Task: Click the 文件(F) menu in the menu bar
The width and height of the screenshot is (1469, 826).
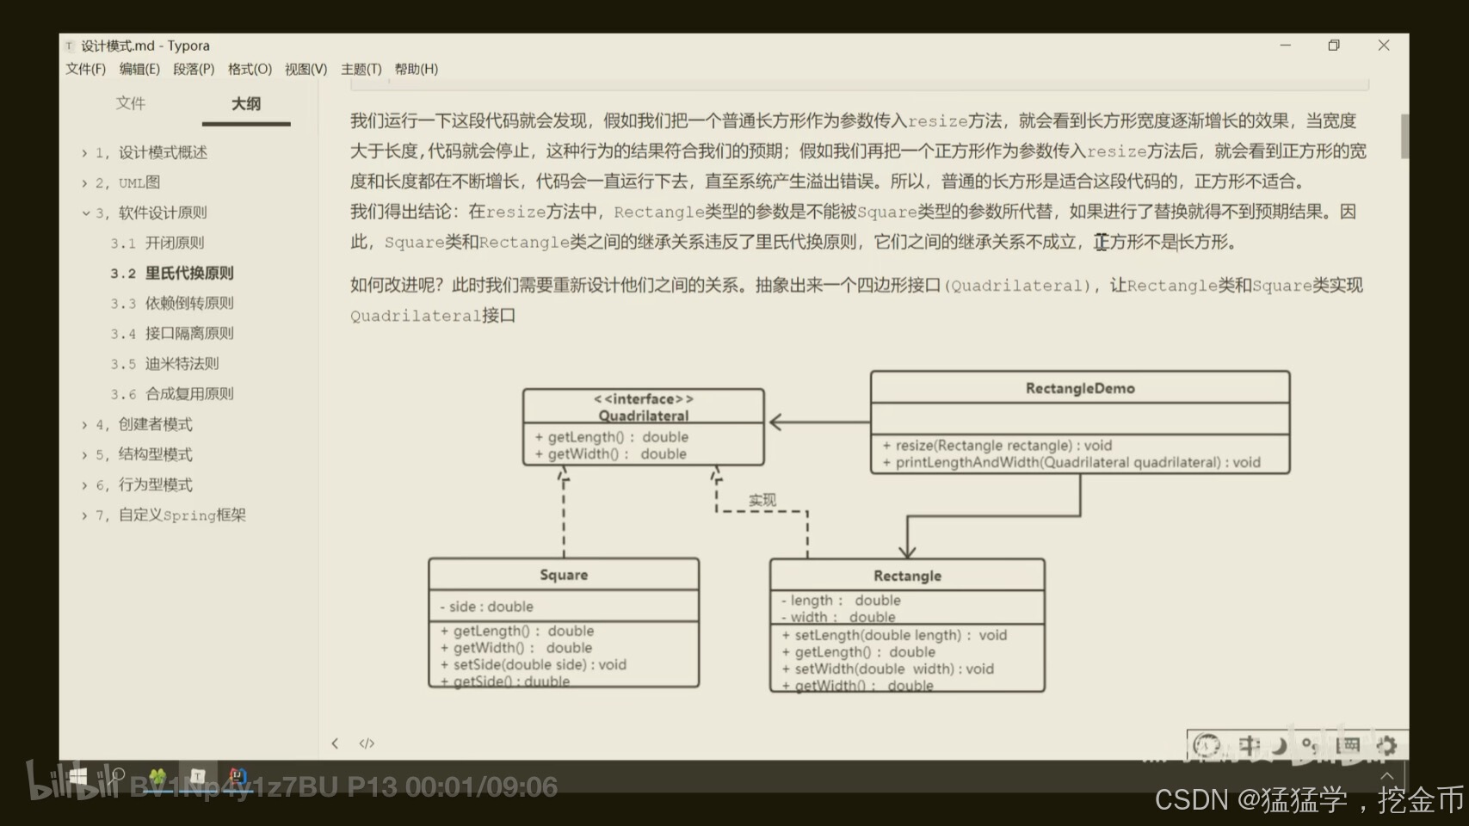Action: (x=85, y=69)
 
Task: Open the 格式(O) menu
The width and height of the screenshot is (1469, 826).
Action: (x=250, y=69)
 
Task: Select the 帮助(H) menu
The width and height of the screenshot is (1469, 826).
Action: (x=416, y=69)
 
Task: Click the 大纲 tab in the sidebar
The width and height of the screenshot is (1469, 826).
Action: (x=246, y=104)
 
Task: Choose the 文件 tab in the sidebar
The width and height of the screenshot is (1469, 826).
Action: (x=131, y=103)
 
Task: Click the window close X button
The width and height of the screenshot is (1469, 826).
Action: (x=1384, y=46)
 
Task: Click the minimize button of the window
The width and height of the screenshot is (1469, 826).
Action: (x=1286, y=46)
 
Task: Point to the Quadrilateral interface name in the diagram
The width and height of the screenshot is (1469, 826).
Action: (x=644, y=416)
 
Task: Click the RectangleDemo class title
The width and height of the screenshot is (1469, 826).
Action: (x=1080, y=389)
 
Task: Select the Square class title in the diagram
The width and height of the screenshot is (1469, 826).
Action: (x=564, y=575)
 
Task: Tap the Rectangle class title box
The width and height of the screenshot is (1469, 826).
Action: (x=907, y=576)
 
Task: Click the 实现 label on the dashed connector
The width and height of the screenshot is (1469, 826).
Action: (x=762, y=500)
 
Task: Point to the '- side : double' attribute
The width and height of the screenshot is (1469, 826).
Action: (x=487, y=607)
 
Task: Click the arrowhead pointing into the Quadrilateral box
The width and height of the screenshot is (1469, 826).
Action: (x=775, y=422)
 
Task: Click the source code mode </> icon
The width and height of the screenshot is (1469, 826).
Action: (x=367, y=743)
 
